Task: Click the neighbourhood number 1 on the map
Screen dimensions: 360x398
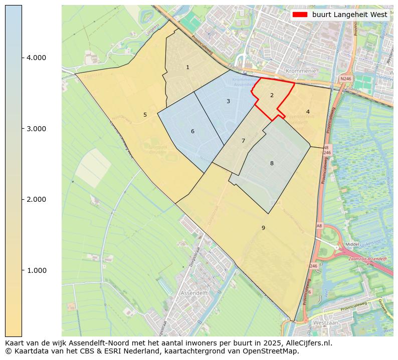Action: tap(187, 67)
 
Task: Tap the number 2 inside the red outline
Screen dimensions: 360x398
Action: tap(272, 95)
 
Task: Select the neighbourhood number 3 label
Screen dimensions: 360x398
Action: tap(228, 101)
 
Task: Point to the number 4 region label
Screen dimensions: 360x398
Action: tap(308, 112)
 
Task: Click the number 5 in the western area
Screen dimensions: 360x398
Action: tap(145, 115)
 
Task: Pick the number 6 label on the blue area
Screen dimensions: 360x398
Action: tap(192, 132)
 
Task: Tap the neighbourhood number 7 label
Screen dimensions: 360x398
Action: tap(243, 141)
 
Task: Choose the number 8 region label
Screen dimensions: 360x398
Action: tap(272, 163)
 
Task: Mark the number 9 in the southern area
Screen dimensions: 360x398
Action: tap(263, 228)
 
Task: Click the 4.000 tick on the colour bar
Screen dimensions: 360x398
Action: tap(36, 58)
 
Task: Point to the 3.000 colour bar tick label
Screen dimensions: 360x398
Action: tap(36, 129)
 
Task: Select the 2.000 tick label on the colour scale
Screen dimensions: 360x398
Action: tap(36, 199)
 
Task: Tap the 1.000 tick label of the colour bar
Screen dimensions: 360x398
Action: tap(36, 270)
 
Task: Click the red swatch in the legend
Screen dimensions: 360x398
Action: tap(300, 15)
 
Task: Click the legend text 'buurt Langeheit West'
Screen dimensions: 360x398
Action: tap(349, 15)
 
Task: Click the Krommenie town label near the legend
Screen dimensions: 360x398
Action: tap(300, 71)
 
